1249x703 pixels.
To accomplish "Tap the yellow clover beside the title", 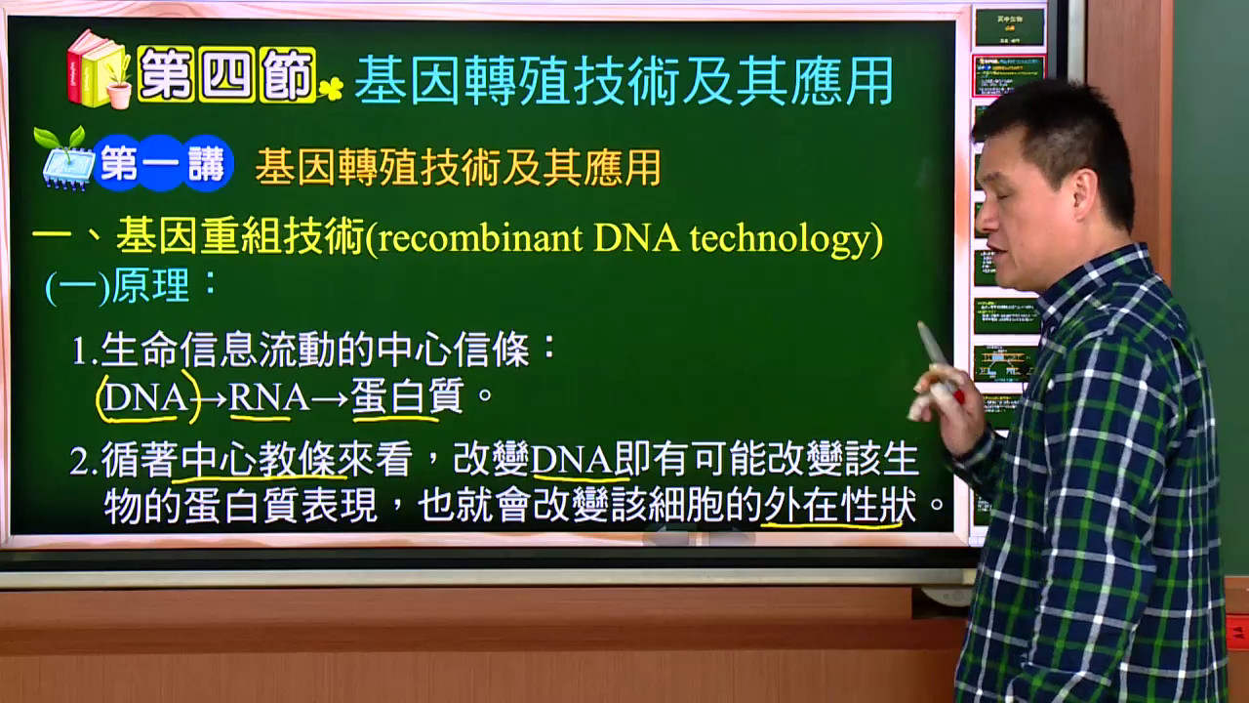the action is coord(331,89).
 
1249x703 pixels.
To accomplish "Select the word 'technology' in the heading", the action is coord(781,240).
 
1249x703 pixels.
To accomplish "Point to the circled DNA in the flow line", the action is coord(147,398).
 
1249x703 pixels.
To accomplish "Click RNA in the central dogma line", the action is coord(268,397).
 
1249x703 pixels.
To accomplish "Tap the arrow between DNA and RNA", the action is coord(213,399).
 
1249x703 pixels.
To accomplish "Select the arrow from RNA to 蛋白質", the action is coord(330,399).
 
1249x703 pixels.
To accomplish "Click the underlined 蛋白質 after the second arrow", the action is coord(408,396).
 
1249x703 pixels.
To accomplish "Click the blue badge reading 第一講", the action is coord(162,163).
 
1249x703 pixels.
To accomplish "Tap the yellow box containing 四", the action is coord(226,75).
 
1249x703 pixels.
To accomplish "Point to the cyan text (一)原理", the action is coord(132,286).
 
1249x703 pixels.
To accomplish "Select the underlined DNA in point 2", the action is coord(572,460).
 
